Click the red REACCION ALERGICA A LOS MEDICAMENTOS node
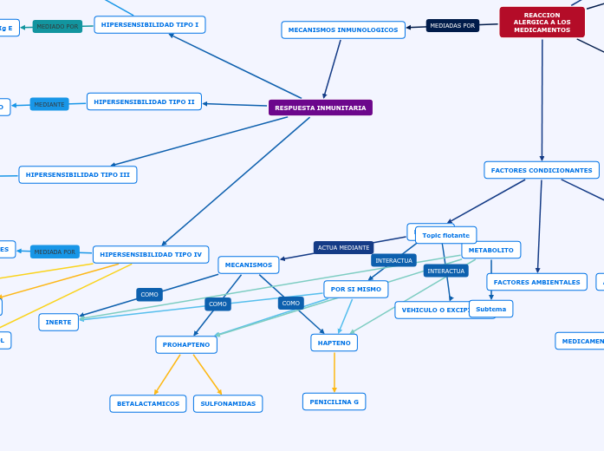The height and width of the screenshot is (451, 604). point(542,23)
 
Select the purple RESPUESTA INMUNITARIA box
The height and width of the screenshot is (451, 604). point(320,108)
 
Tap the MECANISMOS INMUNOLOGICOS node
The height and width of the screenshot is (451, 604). point(343,29)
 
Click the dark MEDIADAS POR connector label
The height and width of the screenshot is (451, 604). point(452,26)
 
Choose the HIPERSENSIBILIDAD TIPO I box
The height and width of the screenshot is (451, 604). point(150,24)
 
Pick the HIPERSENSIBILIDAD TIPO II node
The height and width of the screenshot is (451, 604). point(144,101)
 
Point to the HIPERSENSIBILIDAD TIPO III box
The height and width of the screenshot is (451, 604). point(78,174)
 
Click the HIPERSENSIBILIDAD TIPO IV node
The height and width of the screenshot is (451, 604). point(151,254)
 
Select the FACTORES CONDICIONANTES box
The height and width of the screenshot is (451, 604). point(542,170)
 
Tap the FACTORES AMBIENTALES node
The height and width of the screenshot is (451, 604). point(536,282)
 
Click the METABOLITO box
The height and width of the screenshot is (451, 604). point(490,250)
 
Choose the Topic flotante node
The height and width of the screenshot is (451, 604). point(445,235)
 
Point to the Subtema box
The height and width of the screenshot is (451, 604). point(490,309)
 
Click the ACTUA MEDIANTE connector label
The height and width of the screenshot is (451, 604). point(343,247)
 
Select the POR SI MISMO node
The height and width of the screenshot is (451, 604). point(355,289)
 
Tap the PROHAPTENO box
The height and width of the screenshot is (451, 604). point(186,344)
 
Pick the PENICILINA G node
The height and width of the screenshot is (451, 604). point(334,402)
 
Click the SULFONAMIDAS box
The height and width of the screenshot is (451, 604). point(228,403)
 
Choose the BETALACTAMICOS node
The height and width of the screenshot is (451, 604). point(148,403)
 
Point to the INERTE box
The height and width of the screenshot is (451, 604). point(58,322)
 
